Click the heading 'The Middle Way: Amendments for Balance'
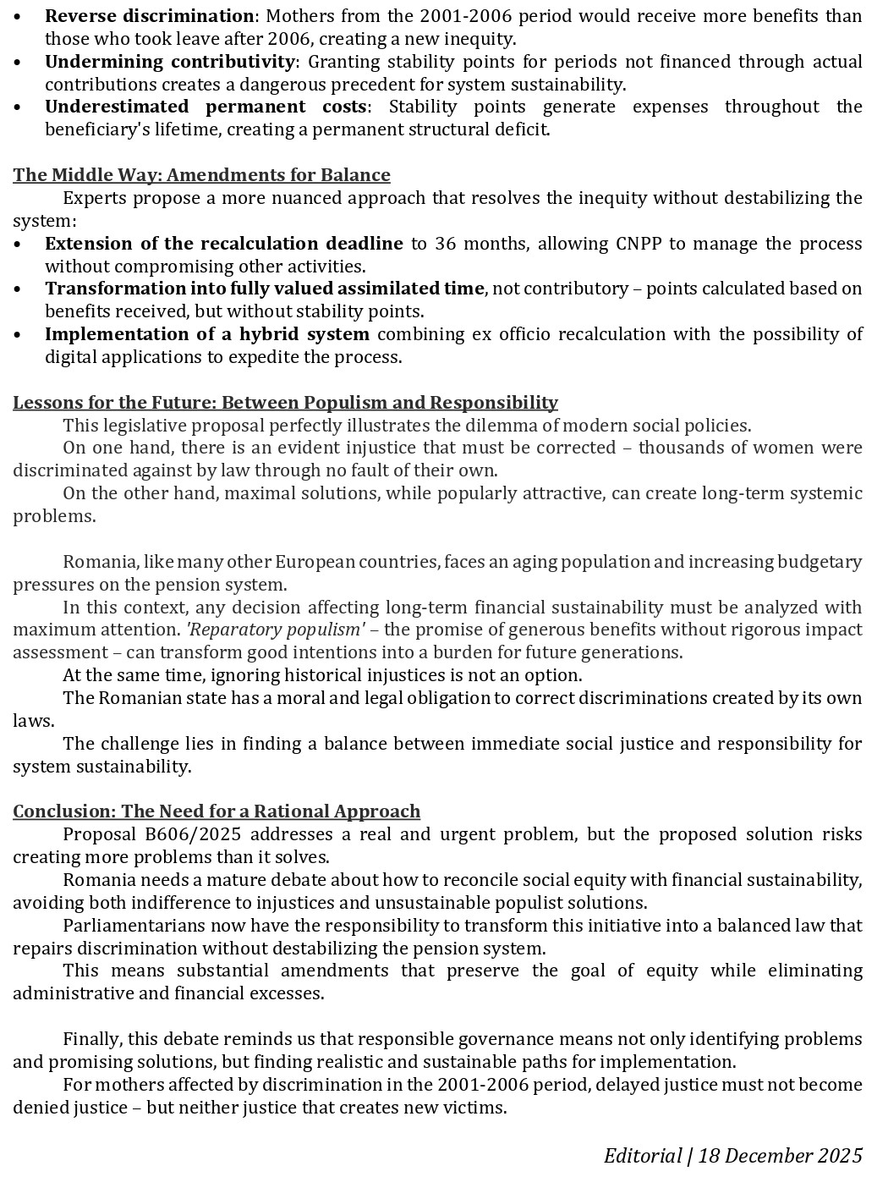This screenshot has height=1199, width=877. (x=201, y=175)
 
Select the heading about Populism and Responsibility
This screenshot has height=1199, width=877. (x=285, y=402)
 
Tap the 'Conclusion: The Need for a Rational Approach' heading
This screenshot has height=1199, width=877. (x=217, y=811)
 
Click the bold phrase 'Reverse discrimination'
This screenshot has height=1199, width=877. (x=149, y=16)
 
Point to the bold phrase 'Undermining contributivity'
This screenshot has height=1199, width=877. (x=170, y=62)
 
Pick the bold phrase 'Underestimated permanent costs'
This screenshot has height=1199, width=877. (x=206, y=107)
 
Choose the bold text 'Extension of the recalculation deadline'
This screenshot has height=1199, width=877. (x=223, y=244)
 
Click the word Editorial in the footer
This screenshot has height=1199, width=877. (x=643, y=1156)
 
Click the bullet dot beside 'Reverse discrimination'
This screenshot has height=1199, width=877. (x=19, y=16)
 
